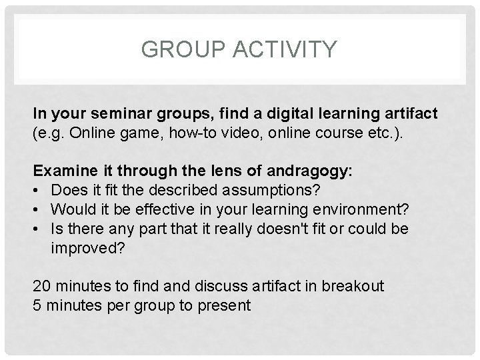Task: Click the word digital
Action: pyautogui.click(x=249, y=114)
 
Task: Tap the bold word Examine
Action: pyautogui.click(x=61, y=171)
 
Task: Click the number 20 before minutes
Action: pyautogui.click(x=41, y=287)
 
